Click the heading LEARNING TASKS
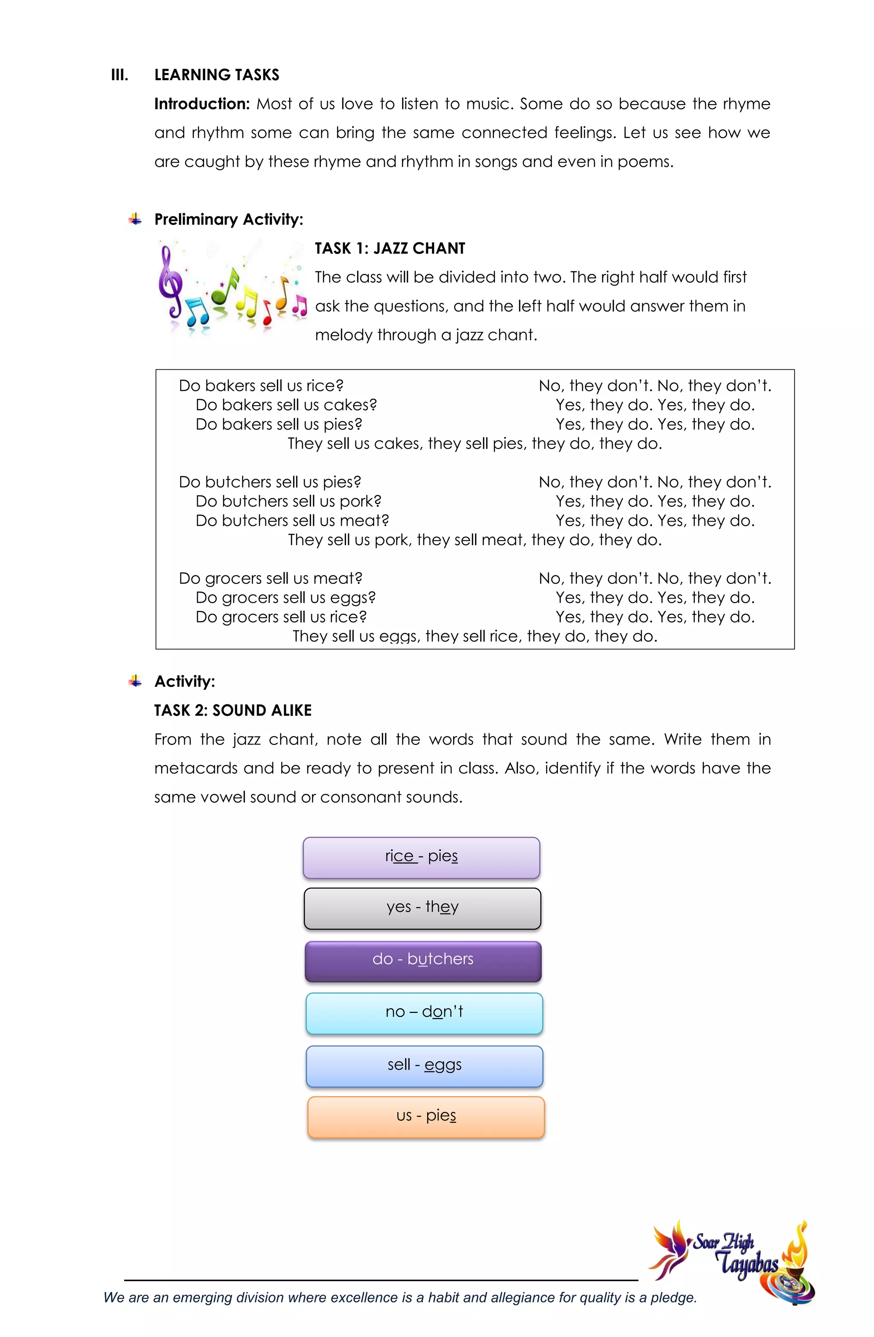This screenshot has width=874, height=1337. tap(216, 75)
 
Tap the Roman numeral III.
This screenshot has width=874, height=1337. tap(119, 75)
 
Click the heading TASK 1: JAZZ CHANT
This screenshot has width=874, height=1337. tap(390, 248)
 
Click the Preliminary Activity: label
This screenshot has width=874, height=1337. tap(229, 219)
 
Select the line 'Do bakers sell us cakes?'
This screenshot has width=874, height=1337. tap(286, 405)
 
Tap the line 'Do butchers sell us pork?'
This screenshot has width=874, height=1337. tap(288, 501)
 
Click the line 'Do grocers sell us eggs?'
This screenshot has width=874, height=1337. tap(286, 598)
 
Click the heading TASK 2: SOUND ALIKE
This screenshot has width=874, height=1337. tap(233, 711)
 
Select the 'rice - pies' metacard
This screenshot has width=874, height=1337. tap(421, 857)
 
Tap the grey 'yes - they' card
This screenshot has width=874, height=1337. tap(422, 908)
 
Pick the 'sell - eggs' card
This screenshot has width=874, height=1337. tap(425, 1066)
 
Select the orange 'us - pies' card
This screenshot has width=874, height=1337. tap(426, 1117)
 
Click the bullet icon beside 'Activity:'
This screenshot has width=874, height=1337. tap(135, 681)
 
